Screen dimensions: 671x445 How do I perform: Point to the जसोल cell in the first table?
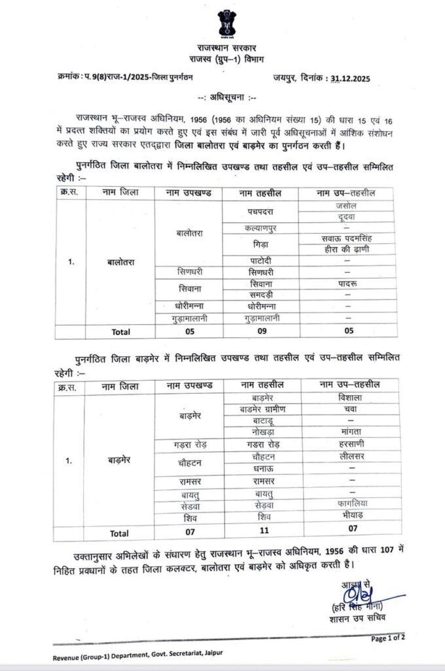(x=346, y=206)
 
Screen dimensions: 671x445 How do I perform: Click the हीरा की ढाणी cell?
(x=346, y=248)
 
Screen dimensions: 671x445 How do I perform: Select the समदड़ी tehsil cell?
(x=260, y=294)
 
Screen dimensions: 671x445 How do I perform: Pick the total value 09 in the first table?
(x=260, y=332)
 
